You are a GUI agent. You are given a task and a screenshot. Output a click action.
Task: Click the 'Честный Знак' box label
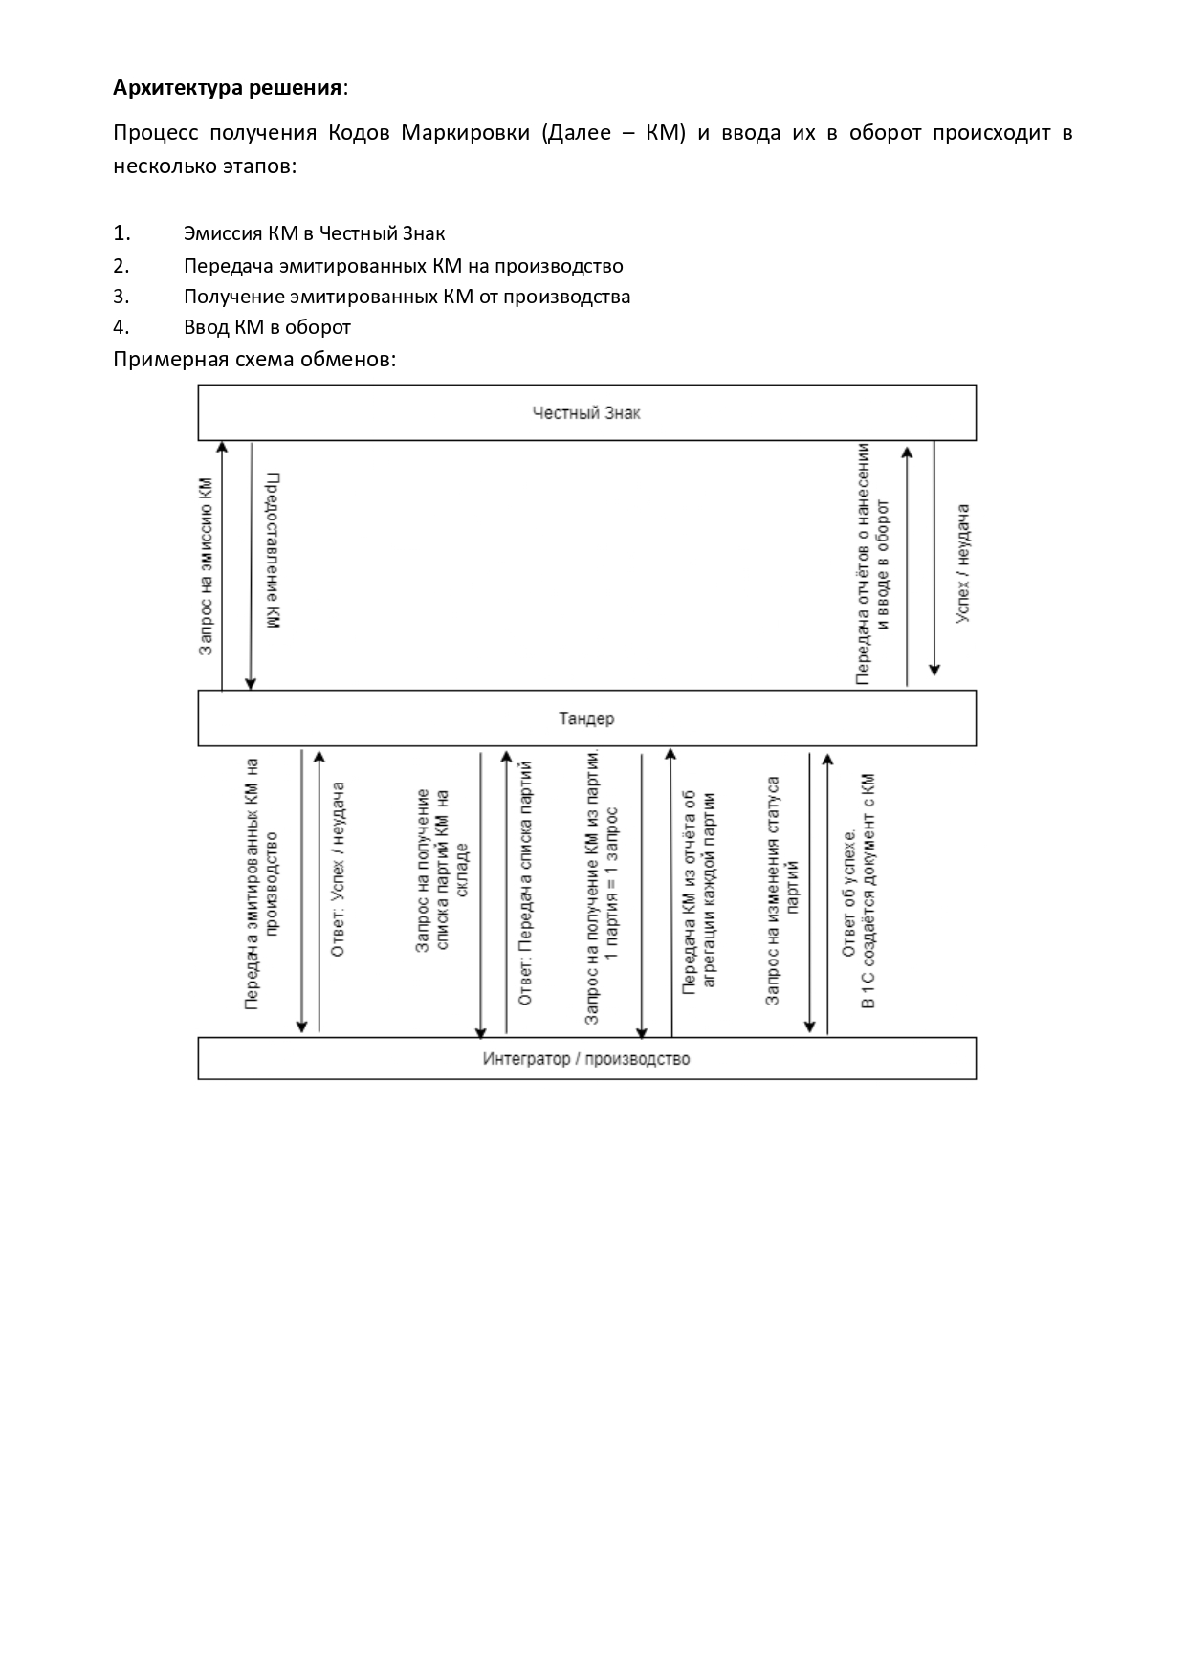tap(586, 413)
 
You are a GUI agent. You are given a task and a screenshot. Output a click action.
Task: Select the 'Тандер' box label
tap(586, 718)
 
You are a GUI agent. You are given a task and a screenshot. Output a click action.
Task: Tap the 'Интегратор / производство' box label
tap(586, 1059)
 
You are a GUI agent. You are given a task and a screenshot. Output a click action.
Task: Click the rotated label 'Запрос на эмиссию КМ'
tap(206, 566)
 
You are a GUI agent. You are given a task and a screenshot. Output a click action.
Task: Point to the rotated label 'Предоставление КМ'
tap(273, 550)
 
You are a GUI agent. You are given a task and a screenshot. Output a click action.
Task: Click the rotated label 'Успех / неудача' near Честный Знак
tap(964, 564)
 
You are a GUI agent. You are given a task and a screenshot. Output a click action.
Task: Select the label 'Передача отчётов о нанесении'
tap(864, 564)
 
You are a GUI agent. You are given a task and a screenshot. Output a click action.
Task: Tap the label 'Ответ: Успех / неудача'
tap(338, 869)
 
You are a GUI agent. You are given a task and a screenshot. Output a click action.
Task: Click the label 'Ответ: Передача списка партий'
tap(525, 883)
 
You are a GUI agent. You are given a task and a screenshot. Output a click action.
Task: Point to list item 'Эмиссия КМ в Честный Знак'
tap(314, 233)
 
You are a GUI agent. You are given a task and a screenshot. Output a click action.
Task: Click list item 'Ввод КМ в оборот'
tap(267, 327)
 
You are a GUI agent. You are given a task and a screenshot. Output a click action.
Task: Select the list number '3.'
tap(121, 297)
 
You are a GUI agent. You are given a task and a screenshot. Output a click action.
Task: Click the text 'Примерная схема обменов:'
tap(254, 360)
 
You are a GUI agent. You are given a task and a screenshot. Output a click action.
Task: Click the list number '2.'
tap(121, 266)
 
